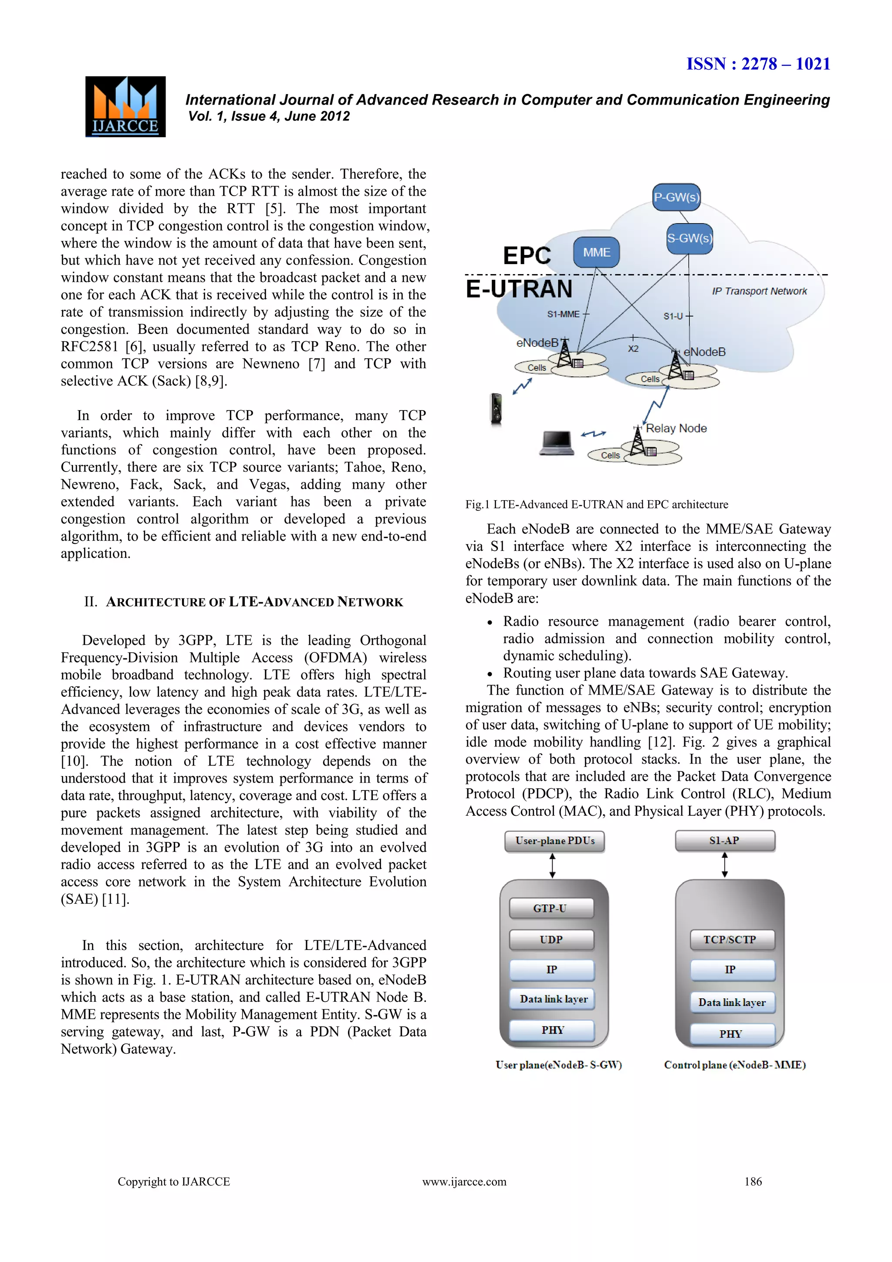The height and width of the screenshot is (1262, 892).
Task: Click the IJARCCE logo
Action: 125,107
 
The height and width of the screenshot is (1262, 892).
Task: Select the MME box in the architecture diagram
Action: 597,252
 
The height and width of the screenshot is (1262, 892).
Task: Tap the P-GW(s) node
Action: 676,197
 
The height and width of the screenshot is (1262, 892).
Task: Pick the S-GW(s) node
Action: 689,238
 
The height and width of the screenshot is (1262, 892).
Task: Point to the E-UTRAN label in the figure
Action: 519,289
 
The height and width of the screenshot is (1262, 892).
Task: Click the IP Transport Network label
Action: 759,292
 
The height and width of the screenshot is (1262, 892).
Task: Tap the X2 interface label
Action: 633,349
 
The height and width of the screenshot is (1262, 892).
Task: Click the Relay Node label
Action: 676,428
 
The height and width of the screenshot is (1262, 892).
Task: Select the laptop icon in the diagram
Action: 556,443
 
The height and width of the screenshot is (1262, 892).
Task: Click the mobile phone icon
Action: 496,408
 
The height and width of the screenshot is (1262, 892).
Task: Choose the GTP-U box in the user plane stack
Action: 551,909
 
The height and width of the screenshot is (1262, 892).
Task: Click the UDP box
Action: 551,940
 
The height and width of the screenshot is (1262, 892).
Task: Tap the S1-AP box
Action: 724,841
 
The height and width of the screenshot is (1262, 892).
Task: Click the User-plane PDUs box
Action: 554,841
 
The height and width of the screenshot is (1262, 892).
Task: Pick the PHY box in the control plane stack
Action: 731,1035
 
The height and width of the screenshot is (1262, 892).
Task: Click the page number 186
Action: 753,1182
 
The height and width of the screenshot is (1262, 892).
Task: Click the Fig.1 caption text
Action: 597,505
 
